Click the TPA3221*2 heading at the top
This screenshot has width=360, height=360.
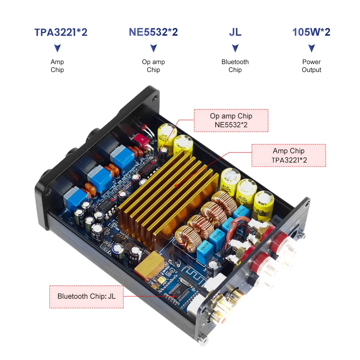click(61, 32)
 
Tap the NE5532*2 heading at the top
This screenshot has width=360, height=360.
click(153, 32)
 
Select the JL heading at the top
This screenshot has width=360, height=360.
click(235, 32)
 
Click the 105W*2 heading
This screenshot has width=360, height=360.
click(311, 32)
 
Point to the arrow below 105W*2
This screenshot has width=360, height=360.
click(312, 48)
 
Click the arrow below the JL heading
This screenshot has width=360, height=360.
click(235, 48)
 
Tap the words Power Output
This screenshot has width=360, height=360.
click(311, 66)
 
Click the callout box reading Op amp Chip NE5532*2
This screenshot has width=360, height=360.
click(231, 121)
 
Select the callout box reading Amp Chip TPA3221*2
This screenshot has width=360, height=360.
click(288, 156)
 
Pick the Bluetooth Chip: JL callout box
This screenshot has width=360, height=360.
click(86, 297)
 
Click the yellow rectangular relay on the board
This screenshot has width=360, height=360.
click(148, 263)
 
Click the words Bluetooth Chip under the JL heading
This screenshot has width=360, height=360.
click(235, 66)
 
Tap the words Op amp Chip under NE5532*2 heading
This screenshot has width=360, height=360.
click(153, 66)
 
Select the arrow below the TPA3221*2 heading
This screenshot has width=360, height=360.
click(57, 48)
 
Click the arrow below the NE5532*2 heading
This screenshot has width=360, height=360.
click(153, 48)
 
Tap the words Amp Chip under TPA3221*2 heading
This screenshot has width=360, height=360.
click(57, 66)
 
